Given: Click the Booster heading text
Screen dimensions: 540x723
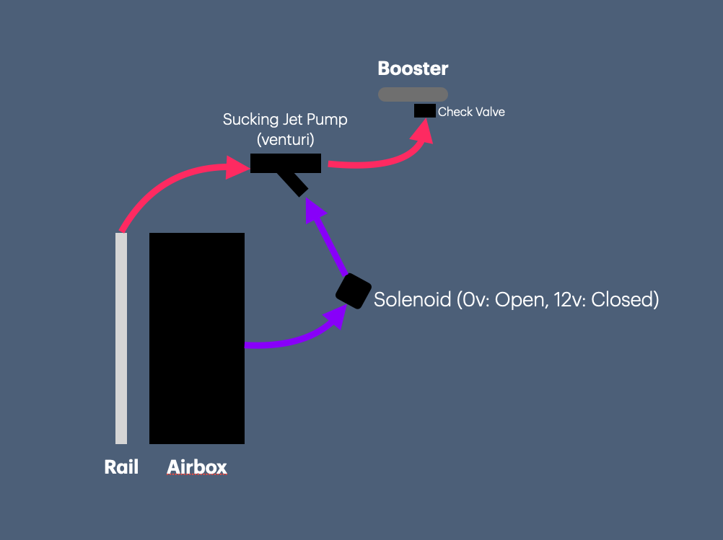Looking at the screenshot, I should pos(413,69).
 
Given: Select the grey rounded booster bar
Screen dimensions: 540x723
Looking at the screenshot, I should pos(413,94).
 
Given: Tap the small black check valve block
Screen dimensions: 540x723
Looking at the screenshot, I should pos(424,111).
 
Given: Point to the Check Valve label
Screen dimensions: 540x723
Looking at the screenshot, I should pos(471,112).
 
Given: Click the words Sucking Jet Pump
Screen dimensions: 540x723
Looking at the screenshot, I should pos(284,120).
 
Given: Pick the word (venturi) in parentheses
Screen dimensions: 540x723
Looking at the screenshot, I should pos(284,138).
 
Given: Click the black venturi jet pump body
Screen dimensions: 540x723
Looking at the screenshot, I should pos(285,164).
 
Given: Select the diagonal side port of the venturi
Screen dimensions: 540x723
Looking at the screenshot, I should pos(296,185).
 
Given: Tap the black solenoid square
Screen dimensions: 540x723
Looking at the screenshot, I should pos(353,291).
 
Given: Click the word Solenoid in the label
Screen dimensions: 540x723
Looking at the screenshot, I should pos(412,299).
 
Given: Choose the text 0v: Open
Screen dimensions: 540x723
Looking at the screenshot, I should pos(501,299).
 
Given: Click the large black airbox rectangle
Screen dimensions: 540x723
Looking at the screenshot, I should pos(196,338).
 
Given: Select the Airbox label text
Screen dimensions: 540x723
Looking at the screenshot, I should pos(196,467).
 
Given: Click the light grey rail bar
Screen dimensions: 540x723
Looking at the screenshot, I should pos(121,338).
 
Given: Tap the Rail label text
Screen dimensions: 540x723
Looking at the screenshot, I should pos(121,467).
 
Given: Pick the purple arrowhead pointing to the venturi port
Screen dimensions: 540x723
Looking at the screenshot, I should pos(315,210).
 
